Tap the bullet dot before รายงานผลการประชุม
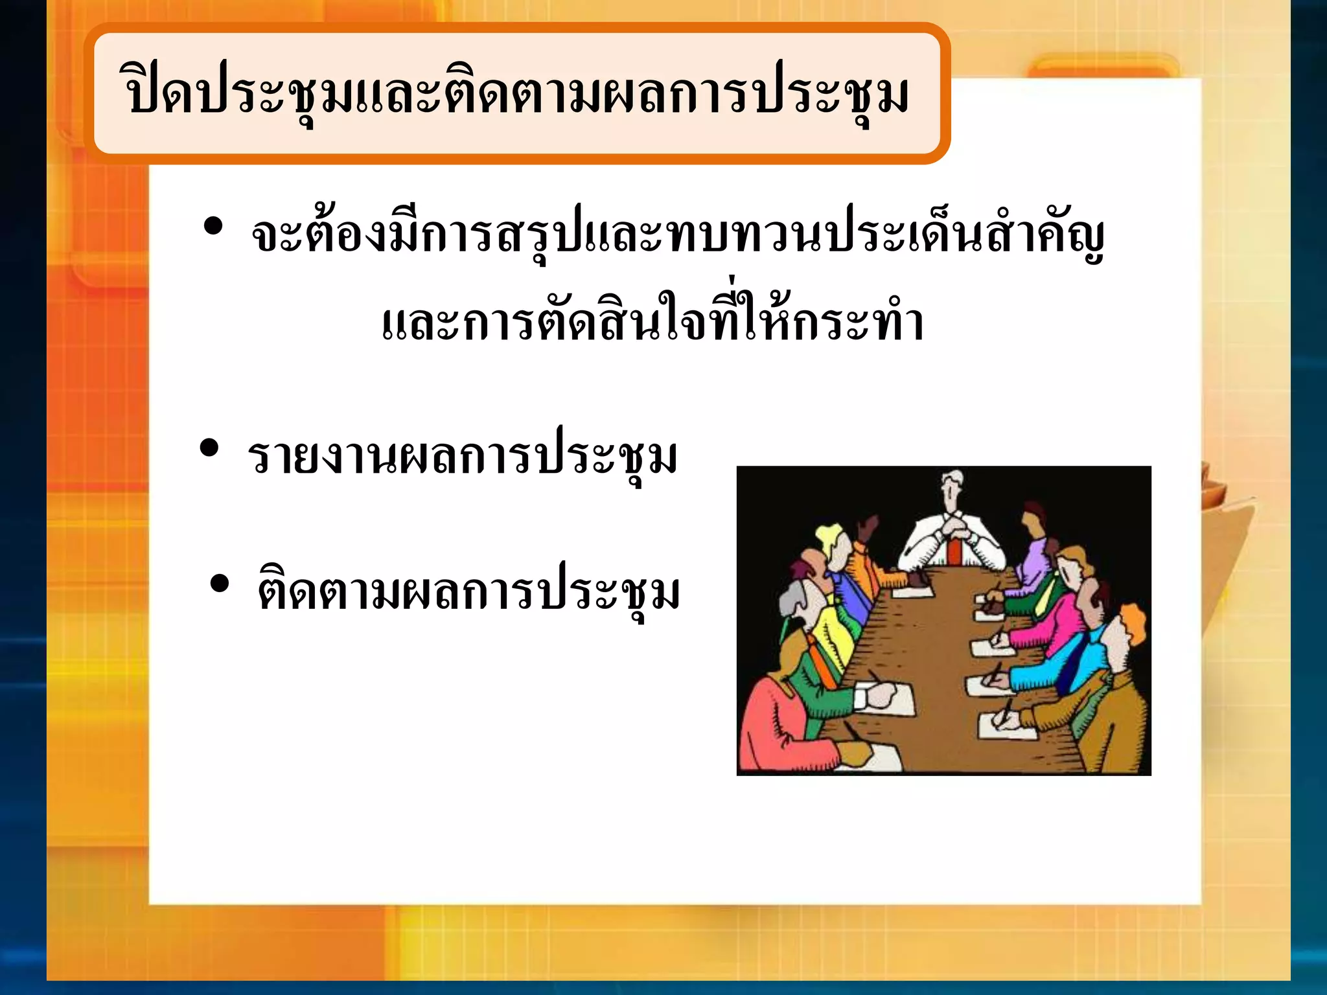click(x=209, y=448)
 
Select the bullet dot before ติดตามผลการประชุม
click(x=220, y=582)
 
